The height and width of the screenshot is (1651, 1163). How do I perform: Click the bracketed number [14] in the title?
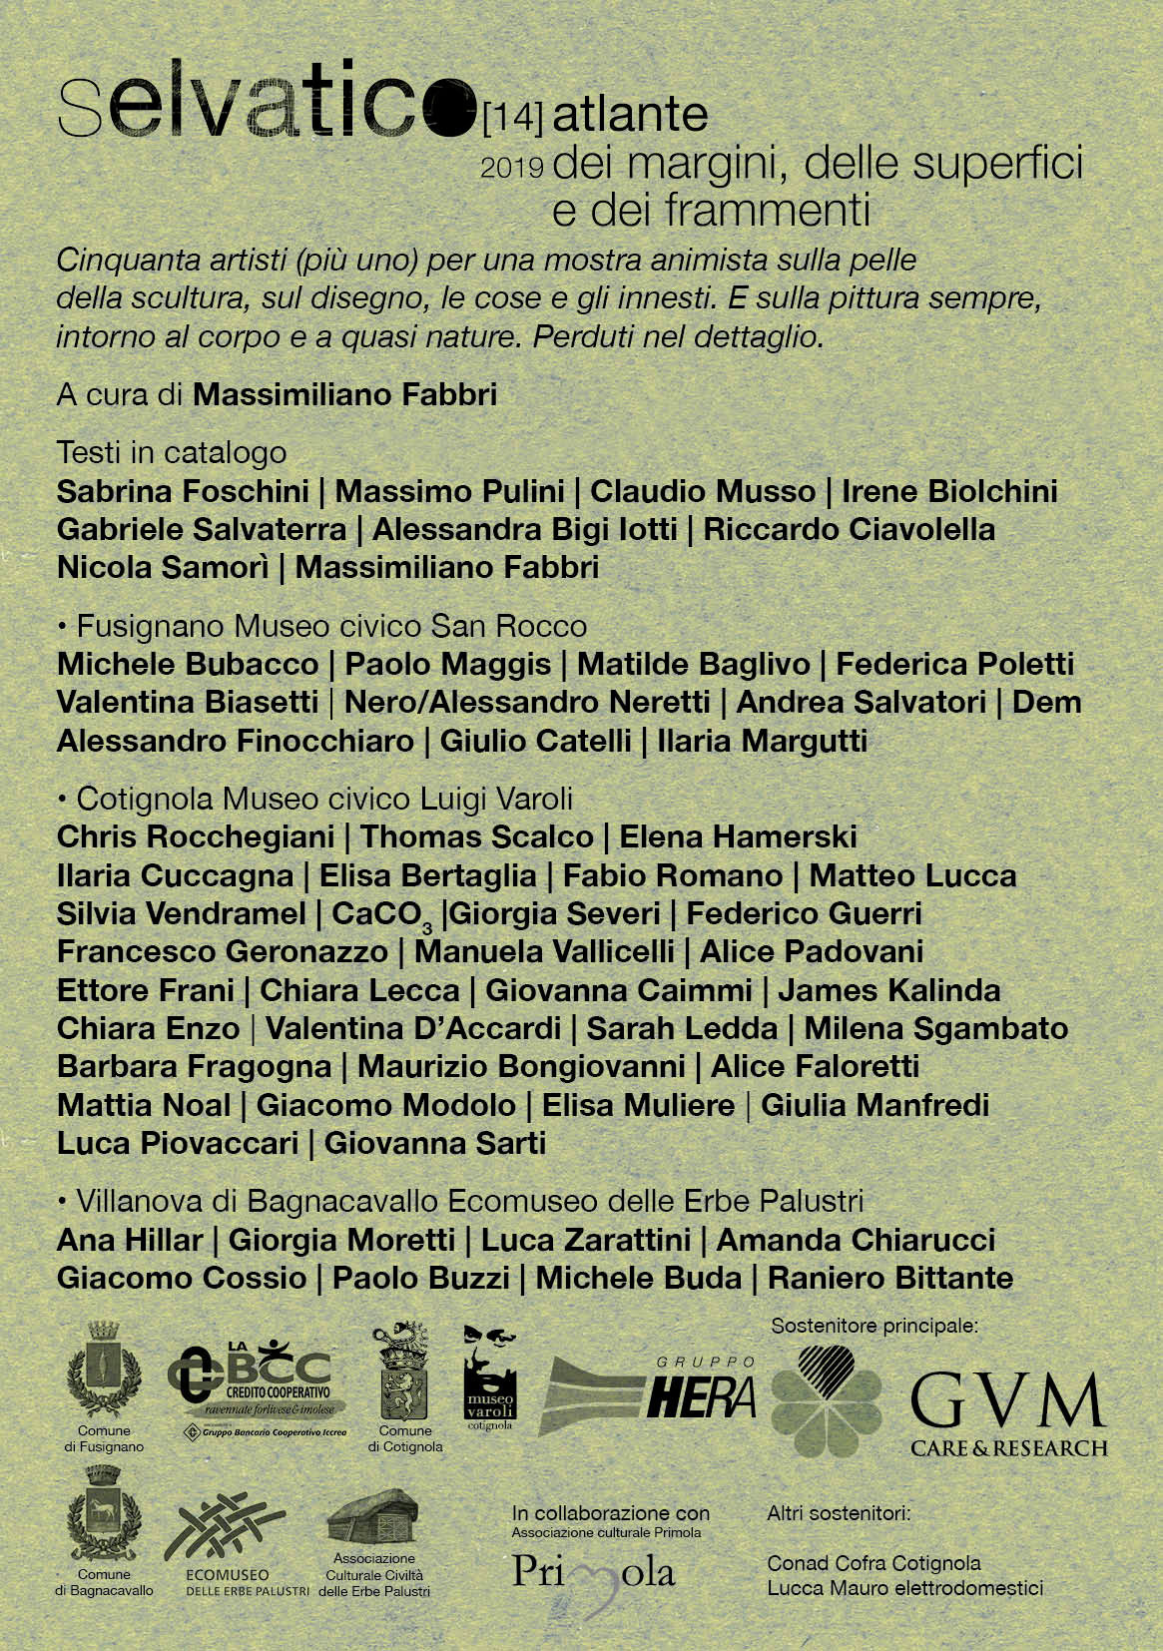(x=512, y=120)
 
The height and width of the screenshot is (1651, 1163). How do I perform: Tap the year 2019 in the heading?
(x=511, y=168)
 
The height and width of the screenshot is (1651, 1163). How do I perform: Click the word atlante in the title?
(x=630, y=115)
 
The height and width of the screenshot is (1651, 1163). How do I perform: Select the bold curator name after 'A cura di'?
(x=344, y=394)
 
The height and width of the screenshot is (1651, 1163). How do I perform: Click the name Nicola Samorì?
(x=163, y=567)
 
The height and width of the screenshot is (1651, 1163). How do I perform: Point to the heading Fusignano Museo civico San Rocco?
(x=330, y=626)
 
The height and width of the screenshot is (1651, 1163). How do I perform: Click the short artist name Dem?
(x=1046, y=702)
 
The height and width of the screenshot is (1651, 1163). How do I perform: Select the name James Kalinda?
(x=888, y=990)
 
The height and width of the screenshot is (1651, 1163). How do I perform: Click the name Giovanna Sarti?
(x=434, y=1143)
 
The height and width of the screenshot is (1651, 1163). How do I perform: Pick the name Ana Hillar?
(x=130, y=1240)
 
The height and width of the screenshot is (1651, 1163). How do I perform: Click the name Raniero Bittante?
(x=889, y=1278)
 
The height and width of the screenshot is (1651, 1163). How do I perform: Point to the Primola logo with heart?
(x=593, y=1574)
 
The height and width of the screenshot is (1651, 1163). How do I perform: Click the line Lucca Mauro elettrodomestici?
(x=904, y=1587)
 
